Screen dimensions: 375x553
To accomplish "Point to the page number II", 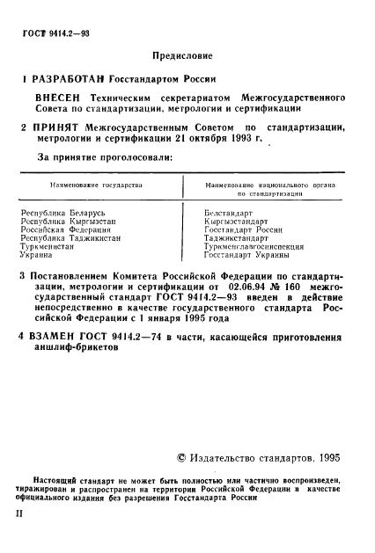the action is (24, 508).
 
